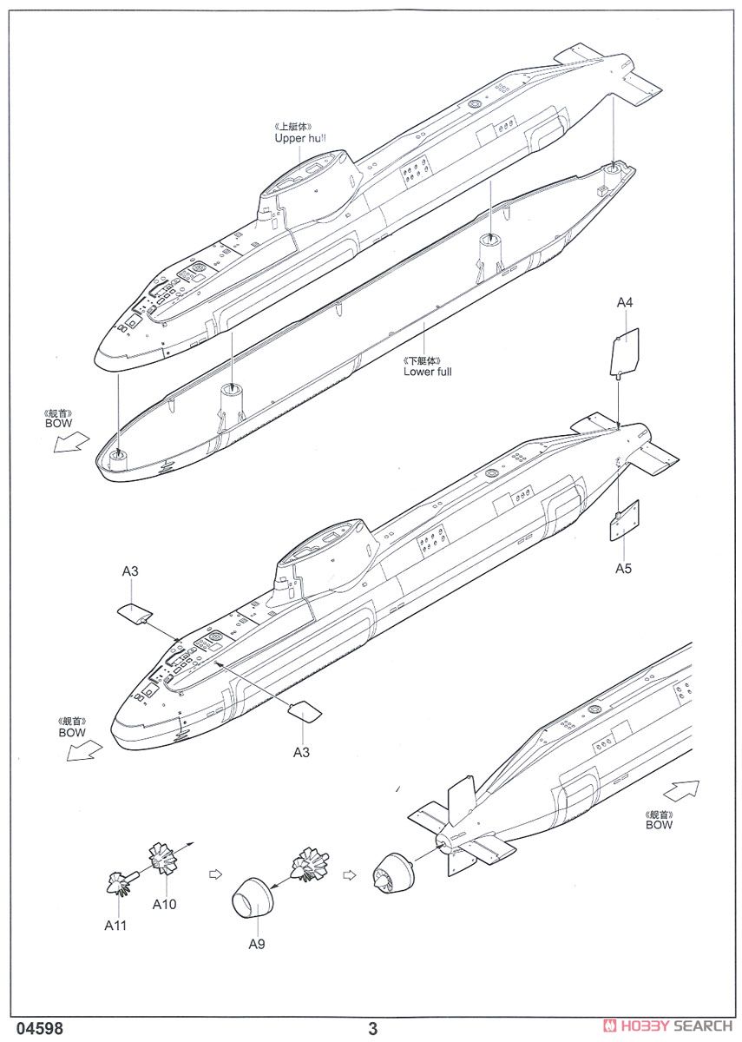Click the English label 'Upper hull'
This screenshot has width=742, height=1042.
coord(300,138)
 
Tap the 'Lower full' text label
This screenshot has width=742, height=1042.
coord(427,372)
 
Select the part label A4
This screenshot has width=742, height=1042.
coord(625,302)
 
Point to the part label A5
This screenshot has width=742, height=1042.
coord(624,569)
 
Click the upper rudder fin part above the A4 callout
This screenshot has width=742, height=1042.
coord(624,352)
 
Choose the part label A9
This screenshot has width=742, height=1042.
coord(256,944)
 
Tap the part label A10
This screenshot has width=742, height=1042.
coord(164,904)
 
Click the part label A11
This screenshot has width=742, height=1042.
coord(115,926)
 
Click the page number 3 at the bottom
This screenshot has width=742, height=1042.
coord(373,1029)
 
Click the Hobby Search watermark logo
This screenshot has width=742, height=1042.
coord(667,1026)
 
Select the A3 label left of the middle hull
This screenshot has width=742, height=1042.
coord(130,570)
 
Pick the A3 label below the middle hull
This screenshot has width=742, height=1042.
coord(300,752)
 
